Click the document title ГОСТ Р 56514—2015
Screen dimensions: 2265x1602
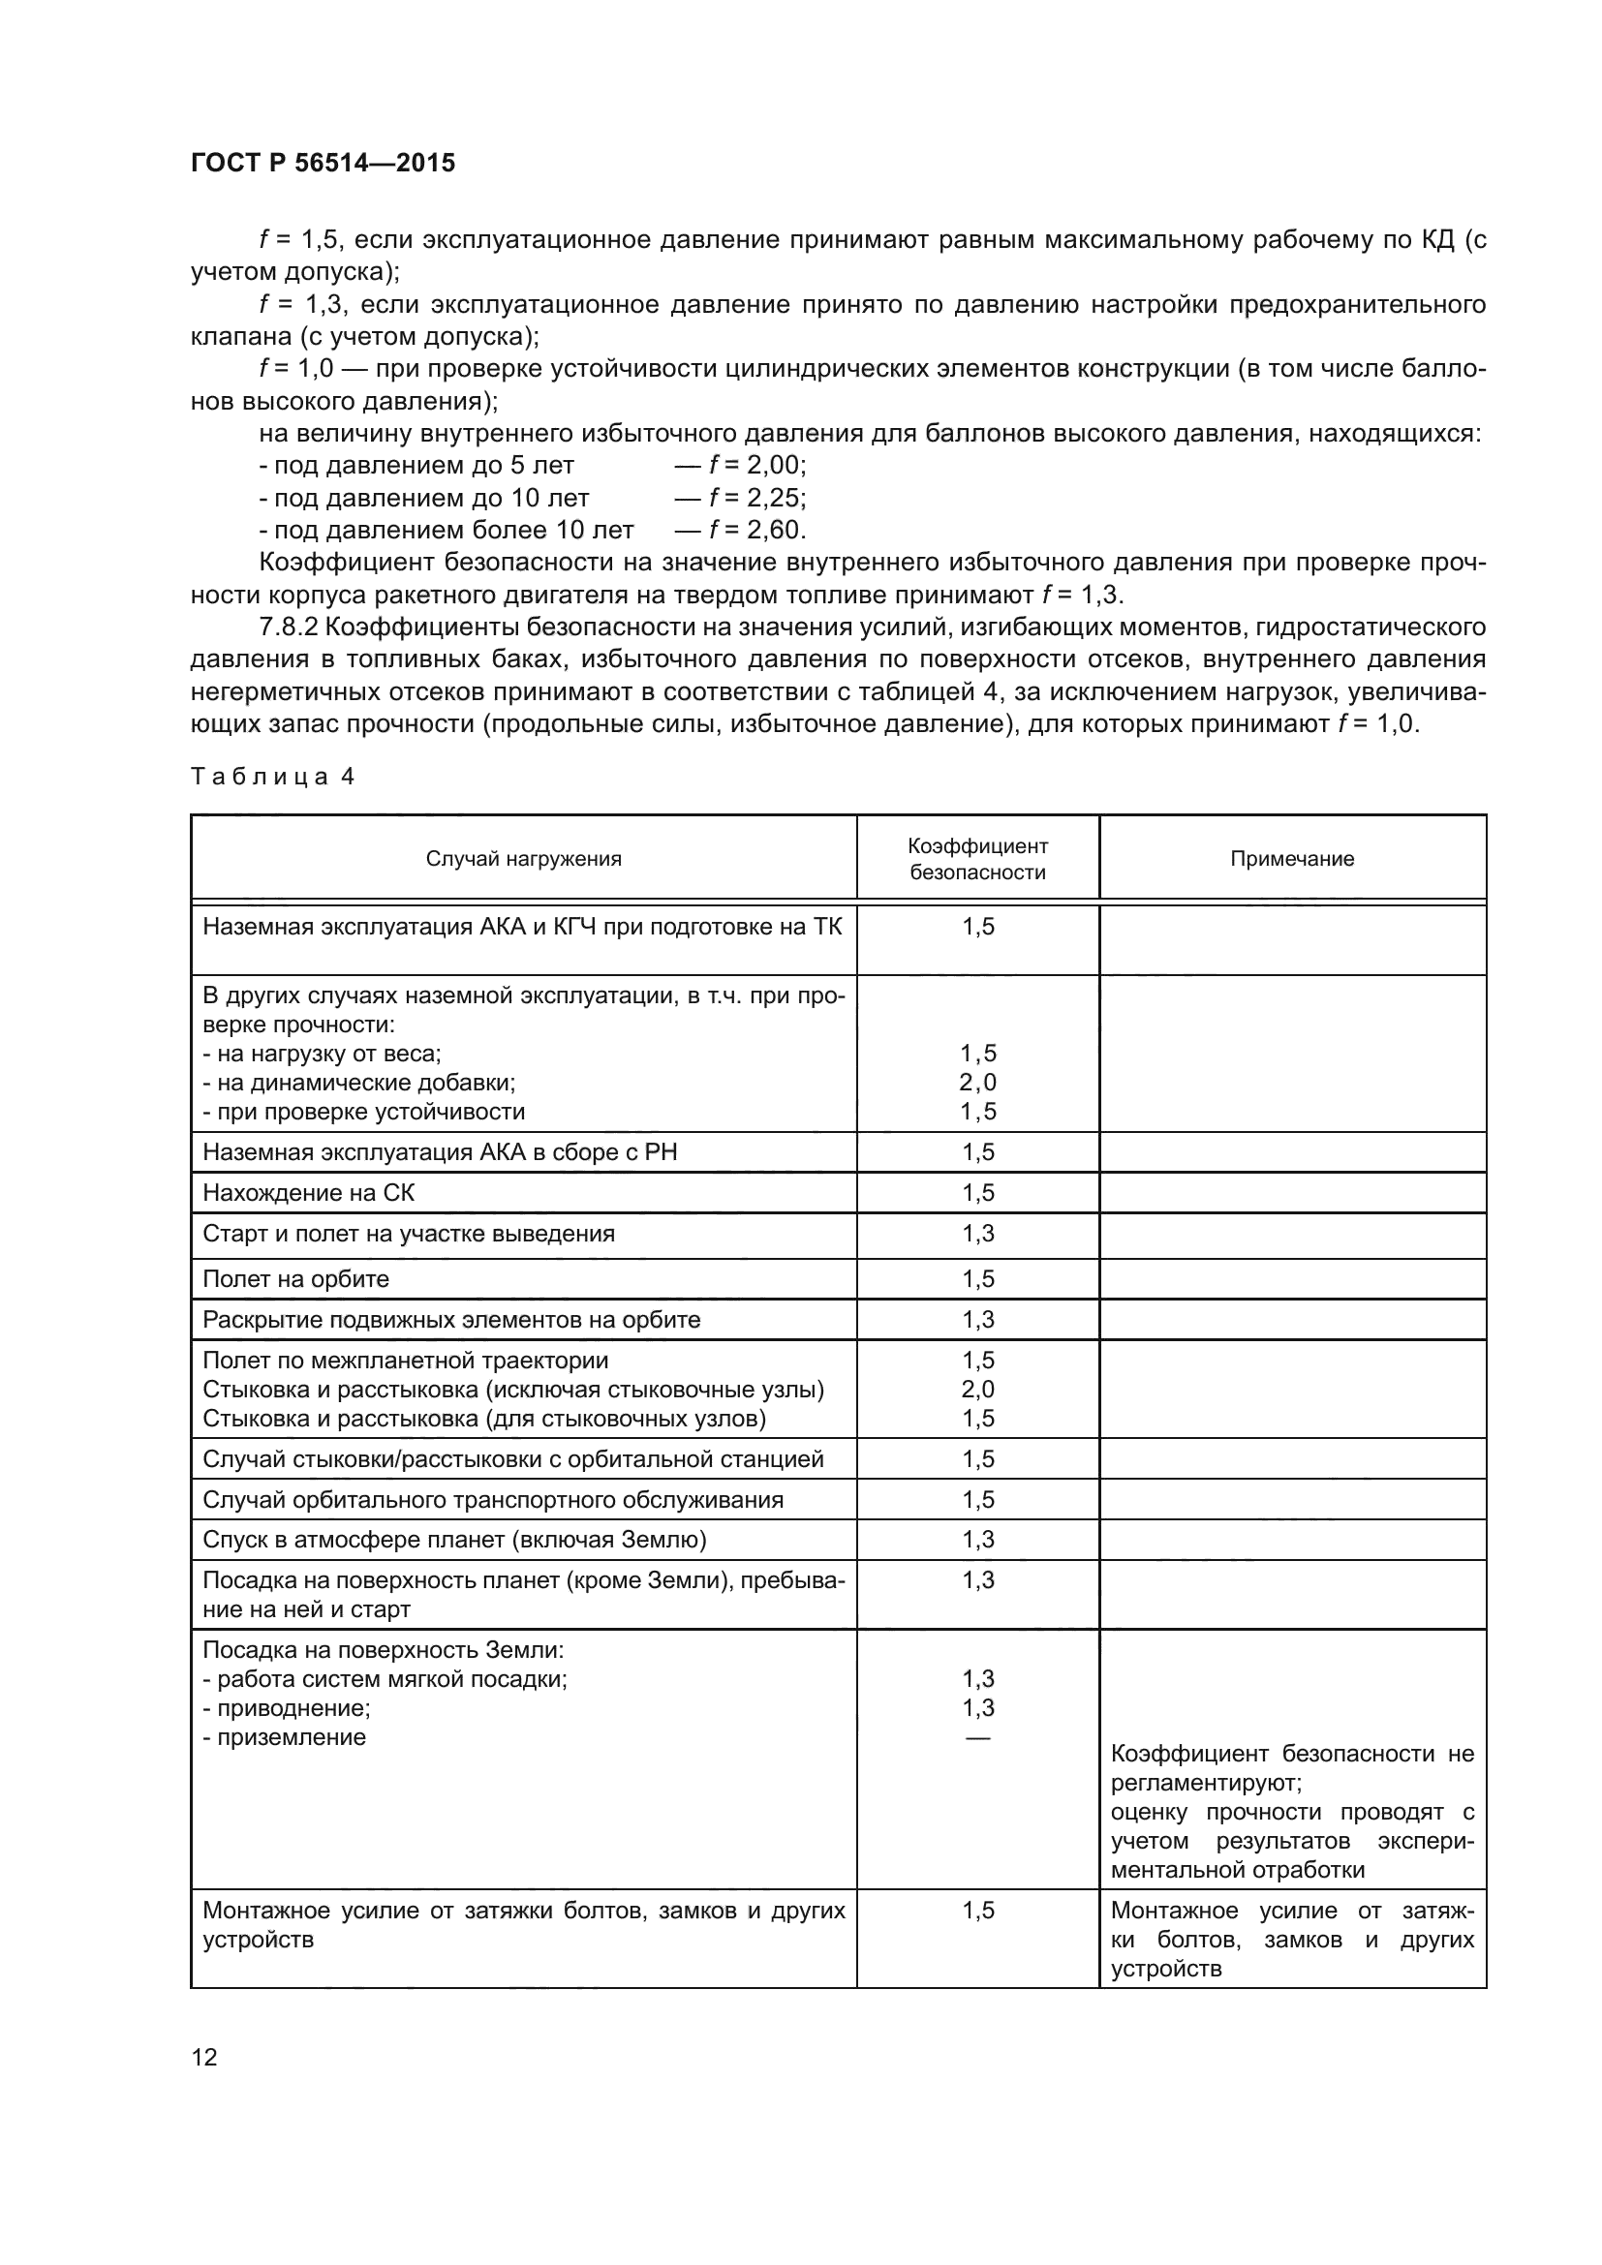click(x=323, y=164)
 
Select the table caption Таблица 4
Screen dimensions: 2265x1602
click(x=272, y=777)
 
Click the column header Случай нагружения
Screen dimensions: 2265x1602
click(x=524, y=858)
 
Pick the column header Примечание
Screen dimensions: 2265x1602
click(x=1291, y=858)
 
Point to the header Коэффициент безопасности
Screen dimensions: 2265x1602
click(x=977, y=858)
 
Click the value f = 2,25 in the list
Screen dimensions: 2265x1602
click(x=756, y=497)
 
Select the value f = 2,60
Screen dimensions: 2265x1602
click(x=756, y=530)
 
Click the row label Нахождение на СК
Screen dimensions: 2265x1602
click(x=309, y=1193)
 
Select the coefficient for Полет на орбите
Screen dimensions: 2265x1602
click(x=978, y=1278)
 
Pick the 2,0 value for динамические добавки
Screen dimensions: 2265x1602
click(x=978, y=1083)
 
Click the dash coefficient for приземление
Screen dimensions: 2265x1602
click(x=978, y=1737)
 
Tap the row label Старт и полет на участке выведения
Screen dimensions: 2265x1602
click(x=409, y=1233)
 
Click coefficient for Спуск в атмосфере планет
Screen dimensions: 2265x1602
click(x=978, y=1539)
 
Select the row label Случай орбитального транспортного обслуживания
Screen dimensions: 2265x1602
click(x=493, y=1499)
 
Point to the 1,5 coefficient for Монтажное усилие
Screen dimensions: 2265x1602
click(x=978, y=1910)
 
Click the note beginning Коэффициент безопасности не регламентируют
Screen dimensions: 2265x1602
click(x=1292, y=1783)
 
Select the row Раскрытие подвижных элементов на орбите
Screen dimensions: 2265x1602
click(x=451, y=1319)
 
